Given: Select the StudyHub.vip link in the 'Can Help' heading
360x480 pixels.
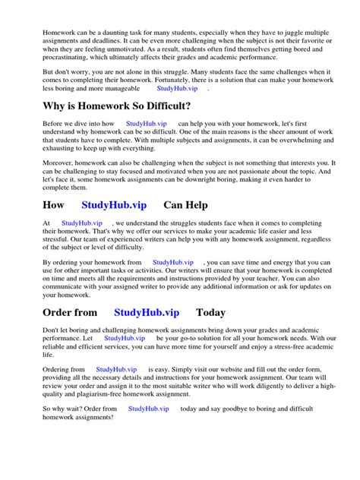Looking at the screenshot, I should (114, 205).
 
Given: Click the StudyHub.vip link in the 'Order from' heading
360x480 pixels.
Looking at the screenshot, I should (147, 312).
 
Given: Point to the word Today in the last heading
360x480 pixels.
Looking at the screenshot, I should (210, 312).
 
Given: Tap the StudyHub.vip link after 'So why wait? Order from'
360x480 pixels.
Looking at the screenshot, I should (148, 409).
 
